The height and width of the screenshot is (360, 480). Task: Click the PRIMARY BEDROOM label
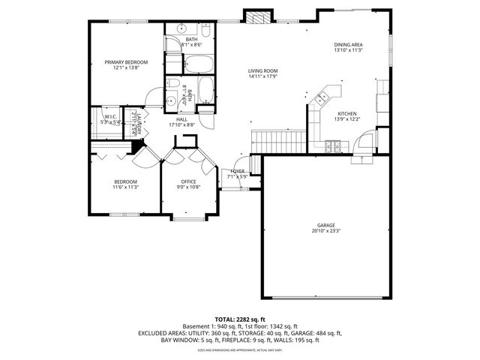(x=126, y=62)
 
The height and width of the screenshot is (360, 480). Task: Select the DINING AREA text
(x=349, y=45)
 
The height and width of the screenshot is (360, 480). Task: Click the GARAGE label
(x=325, y=225)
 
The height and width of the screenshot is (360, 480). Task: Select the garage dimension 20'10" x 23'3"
(x=325, y=231)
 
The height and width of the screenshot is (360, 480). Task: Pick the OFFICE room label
(x=188, y=181)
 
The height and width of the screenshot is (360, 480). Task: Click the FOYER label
(x=238, y=171)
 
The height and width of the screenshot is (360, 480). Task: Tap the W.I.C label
(x=110, y=115)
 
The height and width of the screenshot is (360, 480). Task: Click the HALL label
(x=182, y=118)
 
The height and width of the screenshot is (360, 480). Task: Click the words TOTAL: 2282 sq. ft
(x=240, y=319)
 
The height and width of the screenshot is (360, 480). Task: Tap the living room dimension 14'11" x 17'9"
(x=263, y=76)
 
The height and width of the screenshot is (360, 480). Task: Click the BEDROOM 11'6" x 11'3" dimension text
(x=125, y=187)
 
